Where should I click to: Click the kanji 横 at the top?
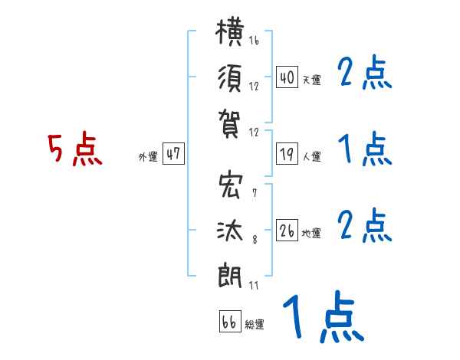(x=230, y=31)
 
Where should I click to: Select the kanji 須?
(x=230, y=78)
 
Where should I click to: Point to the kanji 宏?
(x=231, y=185)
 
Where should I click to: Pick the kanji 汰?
(x=230, y=231)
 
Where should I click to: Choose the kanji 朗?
(x=230, y=275)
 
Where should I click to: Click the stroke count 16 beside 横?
(x=254, y=40)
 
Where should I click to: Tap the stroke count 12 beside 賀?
(x=254, y=133)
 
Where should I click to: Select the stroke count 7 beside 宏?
(x=255, y=193)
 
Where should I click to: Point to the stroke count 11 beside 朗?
(x=254, y=286)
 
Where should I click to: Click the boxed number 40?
(x=287, y=77)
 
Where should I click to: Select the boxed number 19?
(x=287, y=154)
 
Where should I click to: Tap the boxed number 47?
(x=173, y=153)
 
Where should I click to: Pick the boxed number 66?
(x=230, y=321)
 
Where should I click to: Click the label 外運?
(x=148, y=157)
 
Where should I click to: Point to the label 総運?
(x=255, y=325)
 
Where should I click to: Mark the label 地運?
(x=311, y=234)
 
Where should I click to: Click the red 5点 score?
(x=75, y=149)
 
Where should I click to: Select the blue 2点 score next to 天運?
(x=365, y=72)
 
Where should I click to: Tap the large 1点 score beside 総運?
(x=324, y=316)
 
